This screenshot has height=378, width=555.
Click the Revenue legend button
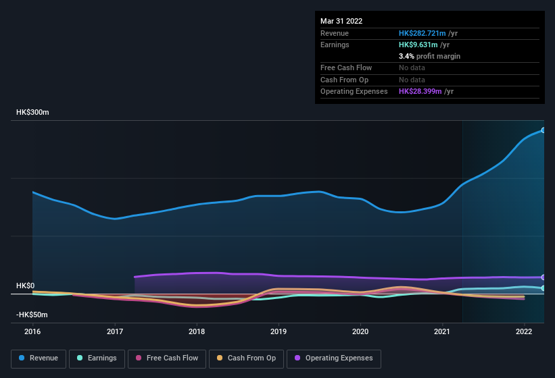tap(39, 358)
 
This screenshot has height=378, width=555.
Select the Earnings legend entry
tap(95, 358)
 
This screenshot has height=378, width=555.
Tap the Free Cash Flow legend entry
tap(167, 358)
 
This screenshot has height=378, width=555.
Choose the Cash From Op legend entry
tap(247, 358)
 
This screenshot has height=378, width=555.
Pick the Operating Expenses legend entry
tap(334, 358)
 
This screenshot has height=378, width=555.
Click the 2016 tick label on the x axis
tap(32, 331)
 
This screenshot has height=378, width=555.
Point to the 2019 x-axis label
tap(279, 331)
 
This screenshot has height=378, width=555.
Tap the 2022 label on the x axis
tap(524, 331)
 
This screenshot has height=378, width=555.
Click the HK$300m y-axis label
tap(32, 112)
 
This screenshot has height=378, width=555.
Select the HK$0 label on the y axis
tap(26, 286)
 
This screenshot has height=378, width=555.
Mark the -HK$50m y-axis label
tap(32, 315)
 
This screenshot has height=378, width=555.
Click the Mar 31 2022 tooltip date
tap(341, 21)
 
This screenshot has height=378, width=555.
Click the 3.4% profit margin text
tap(429, 57)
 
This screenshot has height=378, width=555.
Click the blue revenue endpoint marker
tap(544, 130)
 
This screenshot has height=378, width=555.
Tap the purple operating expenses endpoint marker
tap(544, 277)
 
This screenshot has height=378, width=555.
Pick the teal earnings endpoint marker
tap(544, 288)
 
